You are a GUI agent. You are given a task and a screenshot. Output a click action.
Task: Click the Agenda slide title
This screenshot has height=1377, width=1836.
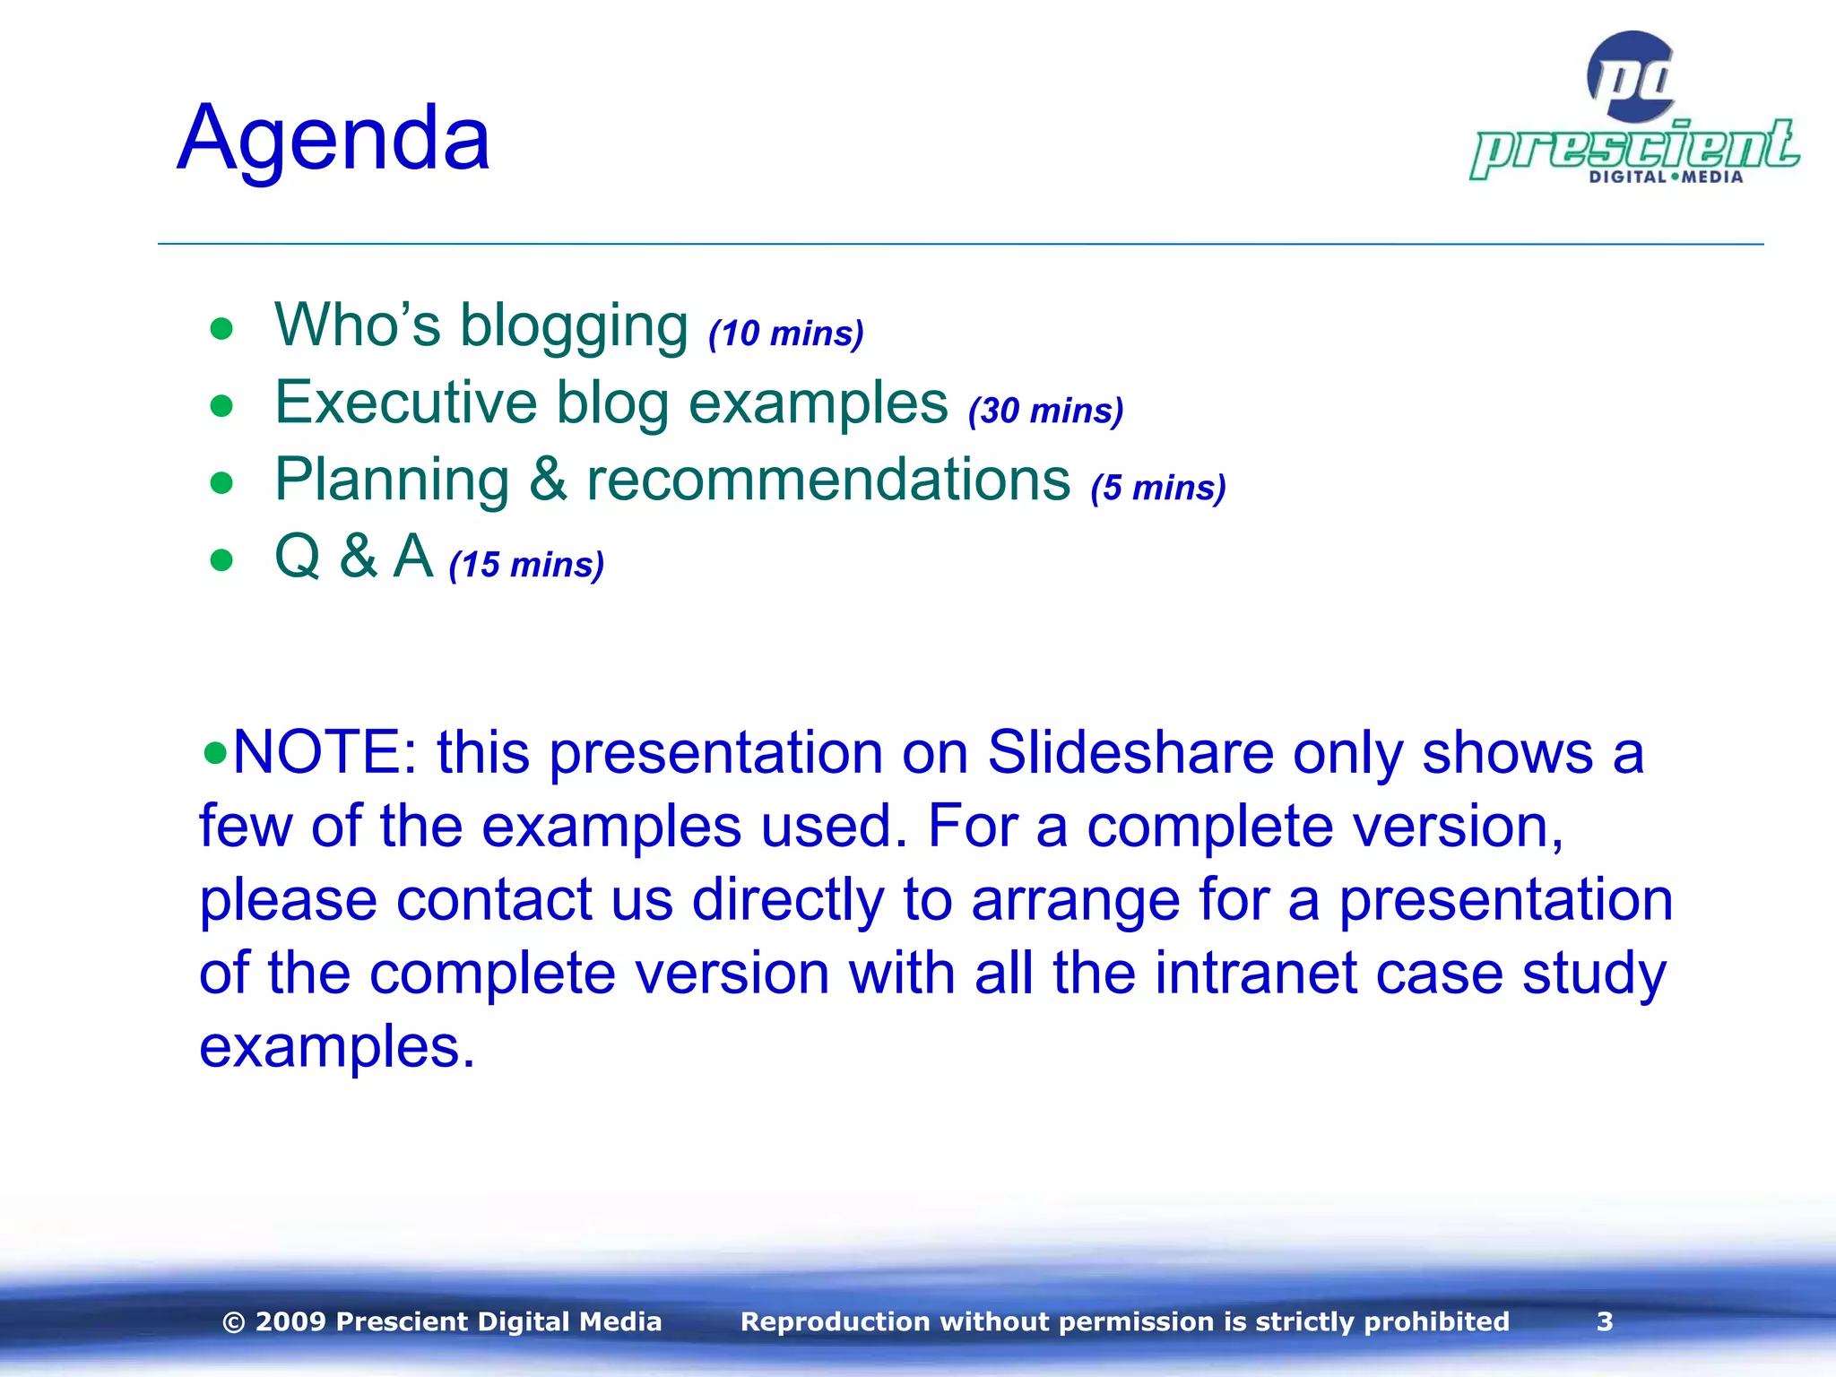(333, 139)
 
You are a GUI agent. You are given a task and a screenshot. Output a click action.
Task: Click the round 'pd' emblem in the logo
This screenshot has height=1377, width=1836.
(1631, 78)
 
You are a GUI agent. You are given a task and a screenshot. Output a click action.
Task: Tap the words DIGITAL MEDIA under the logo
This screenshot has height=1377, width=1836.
(1666, 177)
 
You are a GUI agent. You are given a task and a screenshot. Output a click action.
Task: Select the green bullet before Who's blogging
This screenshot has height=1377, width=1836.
(221, 329)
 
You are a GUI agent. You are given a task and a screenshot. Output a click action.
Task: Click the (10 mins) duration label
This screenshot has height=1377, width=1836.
(786, 333)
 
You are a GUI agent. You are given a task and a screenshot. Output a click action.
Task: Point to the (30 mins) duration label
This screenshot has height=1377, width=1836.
(1045, 411)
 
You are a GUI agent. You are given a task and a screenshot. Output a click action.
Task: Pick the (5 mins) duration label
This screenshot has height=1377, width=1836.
(1157, 488)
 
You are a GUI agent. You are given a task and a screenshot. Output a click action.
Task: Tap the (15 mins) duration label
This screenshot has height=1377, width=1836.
(526, 565)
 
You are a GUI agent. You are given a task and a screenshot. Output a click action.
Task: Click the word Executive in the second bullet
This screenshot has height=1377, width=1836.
(405, 403)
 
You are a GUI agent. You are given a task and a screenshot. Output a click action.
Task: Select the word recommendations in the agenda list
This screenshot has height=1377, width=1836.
(828, 480)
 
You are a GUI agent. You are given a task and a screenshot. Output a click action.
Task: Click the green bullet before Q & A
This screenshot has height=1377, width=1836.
(221, 560)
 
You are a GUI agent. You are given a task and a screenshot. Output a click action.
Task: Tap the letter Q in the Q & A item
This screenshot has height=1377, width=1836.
(297, 557)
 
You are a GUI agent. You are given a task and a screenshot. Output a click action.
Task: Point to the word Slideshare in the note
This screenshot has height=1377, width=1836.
(1130, 752)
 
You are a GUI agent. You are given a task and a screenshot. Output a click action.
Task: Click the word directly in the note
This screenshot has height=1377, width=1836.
(787, 899)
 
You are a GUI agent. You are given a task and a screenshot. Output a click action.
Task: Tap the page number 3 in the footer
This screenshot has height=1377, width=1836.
(1605, 1321)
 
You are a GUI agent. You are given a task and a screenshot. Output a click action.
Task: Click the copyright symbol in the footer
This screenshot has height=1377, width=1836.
(233, 1322)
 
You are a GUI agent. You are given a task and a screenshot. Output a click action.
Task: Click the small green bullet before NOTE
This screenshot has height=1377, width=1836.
(214, 751)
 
